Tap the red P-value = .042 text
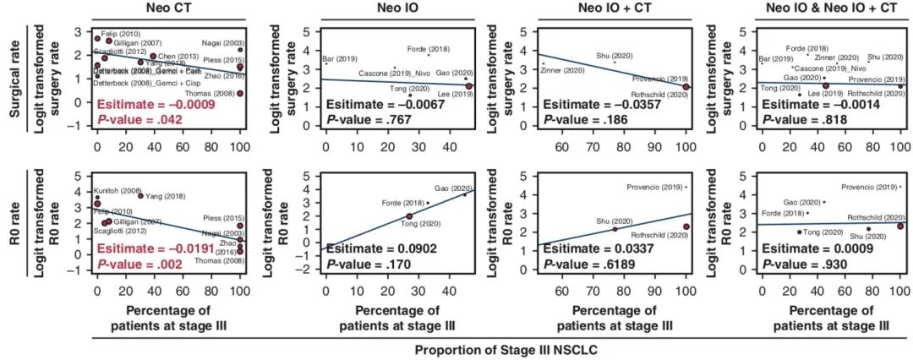point(147,120)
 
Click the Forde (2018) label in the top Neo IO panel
point(427,49)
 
